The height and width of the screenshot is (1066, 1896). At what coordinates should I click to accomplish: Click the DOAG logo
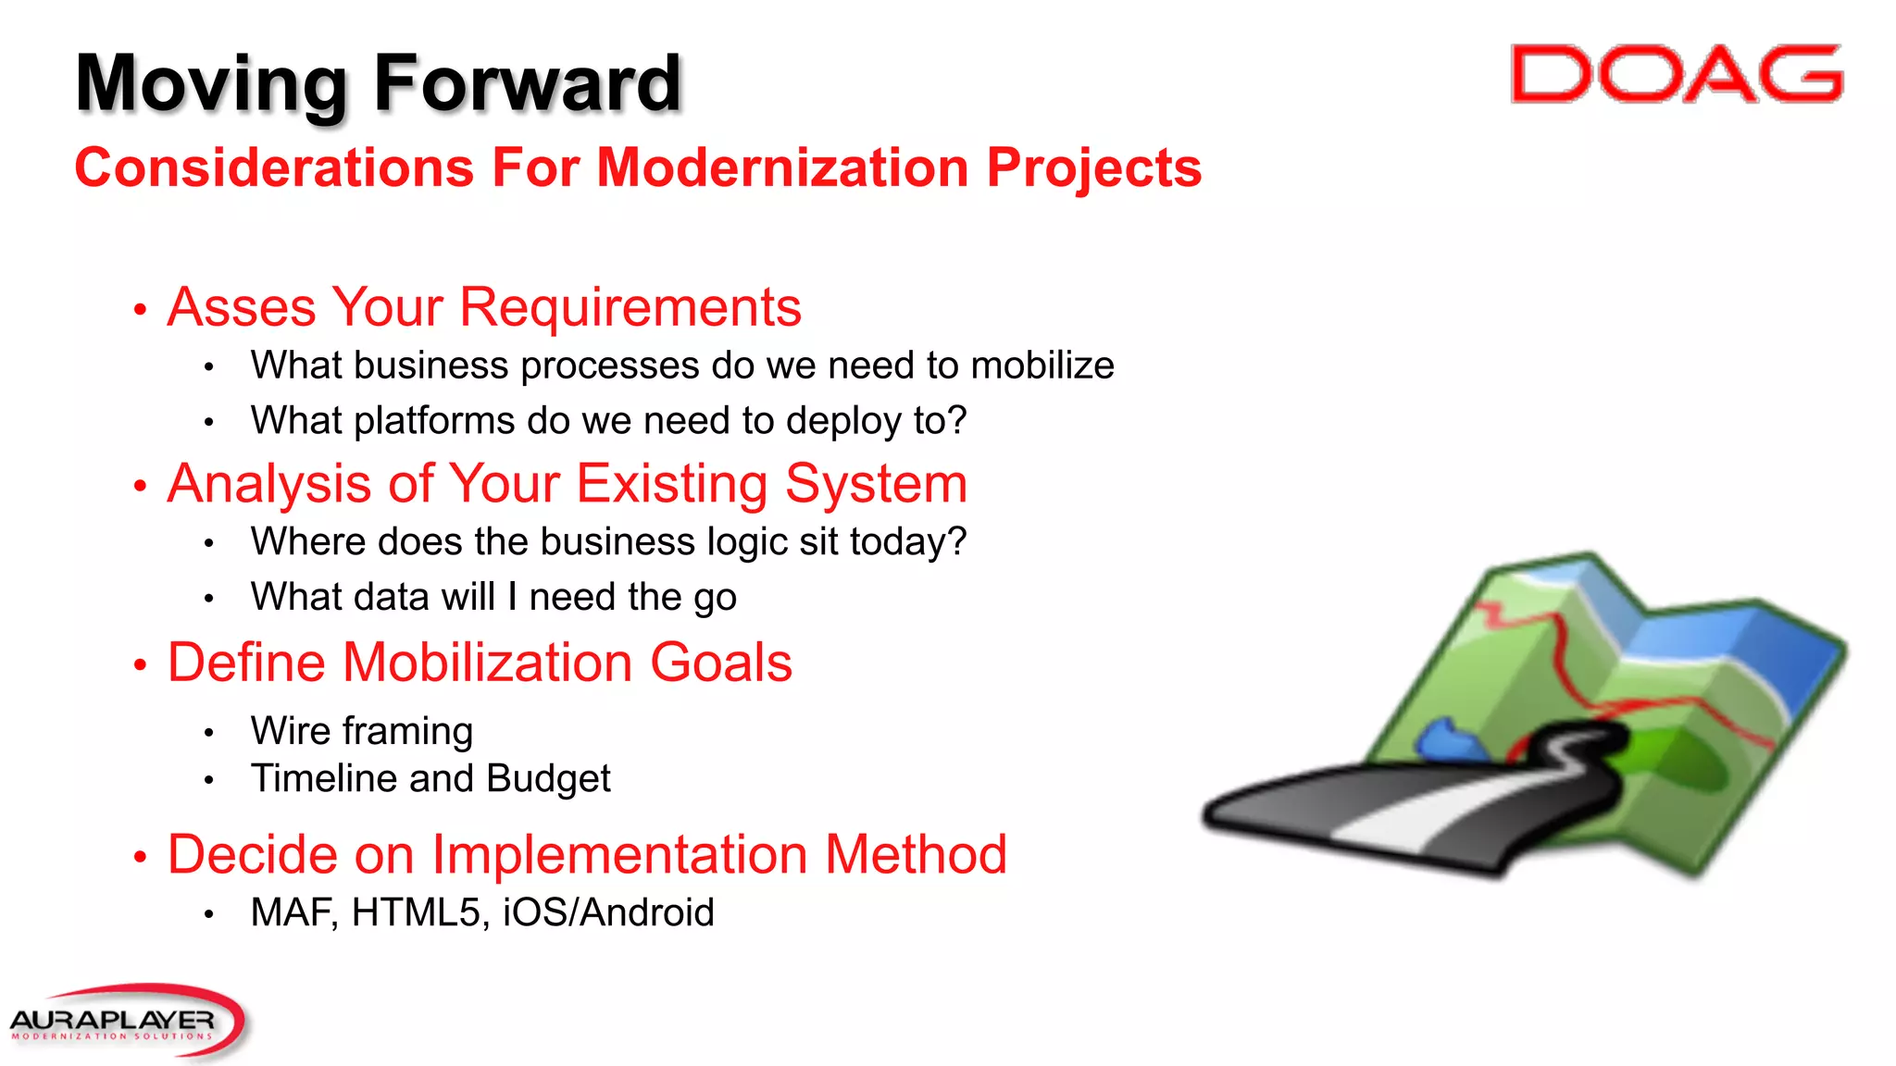point(1676,74)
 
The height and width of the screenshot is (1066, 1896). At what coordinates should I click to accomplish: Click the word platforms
point(435,422)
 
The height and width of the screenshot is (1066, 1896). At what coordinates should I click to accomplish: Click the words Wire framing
point(362,731)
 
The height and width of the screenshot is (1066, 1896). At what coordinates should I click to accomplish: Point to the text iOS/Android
point(608,913)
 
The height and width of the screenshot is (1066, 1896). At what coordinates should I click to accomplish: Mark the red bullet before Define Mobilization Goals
point(140,665)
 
